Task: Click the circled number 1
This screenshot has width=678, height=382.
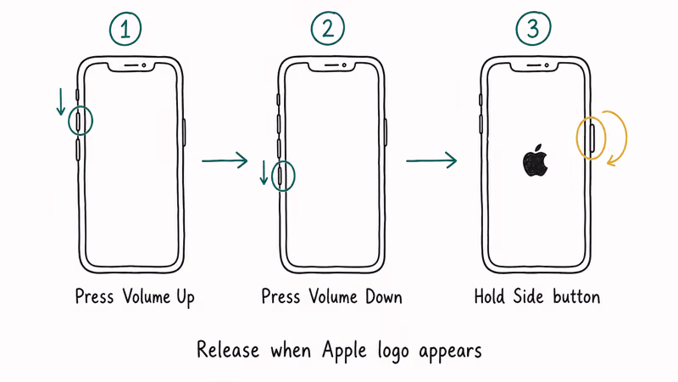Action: point(125,30)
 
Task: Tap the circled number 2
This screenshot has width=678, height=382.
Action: point(328,30)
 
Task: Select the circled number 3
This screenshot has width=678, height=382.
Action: point(532,30)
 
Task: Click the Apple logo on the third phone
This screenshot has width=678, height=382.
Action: point(535,160)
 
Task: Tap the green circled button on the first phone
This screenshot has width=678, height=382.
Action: point(79,122)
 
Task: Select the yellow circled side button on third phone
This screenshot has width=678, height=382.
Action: point(591,136)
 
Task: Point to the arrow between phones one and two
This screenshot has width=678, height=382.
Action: point(225,160)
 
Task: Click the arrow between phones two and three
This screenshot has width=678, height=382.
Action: point(431,160)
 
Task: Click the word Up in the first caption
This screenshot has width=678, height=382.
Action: point(184,298)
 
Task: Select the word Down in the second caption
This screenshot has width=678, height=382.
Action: point(381,297)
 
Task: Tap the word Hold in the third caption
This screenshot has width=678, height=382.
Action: point(491,297)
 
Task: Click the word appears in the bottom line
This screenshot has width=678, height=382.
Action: point(451,350)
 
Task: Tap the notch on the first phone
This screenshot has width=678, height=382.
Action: point(131,65)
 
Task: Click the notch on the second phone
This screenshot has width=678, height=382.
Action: point(332,65)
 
